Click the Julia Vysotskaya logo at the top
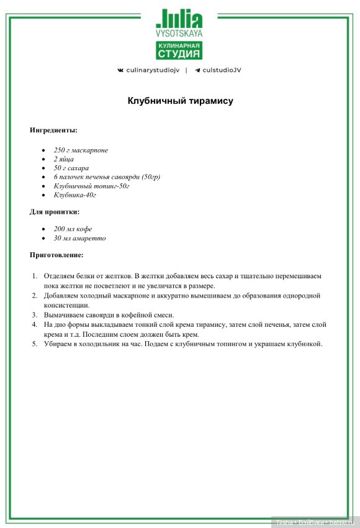(179, 22)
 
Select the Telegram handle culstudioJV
(217, 70)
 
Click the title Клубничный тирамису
(180, 101)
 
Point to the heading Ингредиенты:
(54, 130)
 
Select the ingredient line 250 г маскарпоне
(81, 150)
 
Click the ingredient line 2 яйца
(64, 159)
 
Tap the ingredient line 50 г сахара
(71, 168)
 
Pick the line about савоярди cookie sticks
(107, 177)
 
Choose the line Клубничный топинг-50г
(91, 186)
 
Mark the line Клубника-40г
(75, 195)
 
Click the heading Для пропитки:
(55, 212)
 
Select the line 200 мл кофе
(73, 229)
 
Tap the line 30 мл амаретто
(79, 238)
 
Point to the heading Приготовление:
(56, 255)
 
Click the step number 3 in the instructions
(35, 315)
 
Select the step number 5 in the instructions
(35, 344)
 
